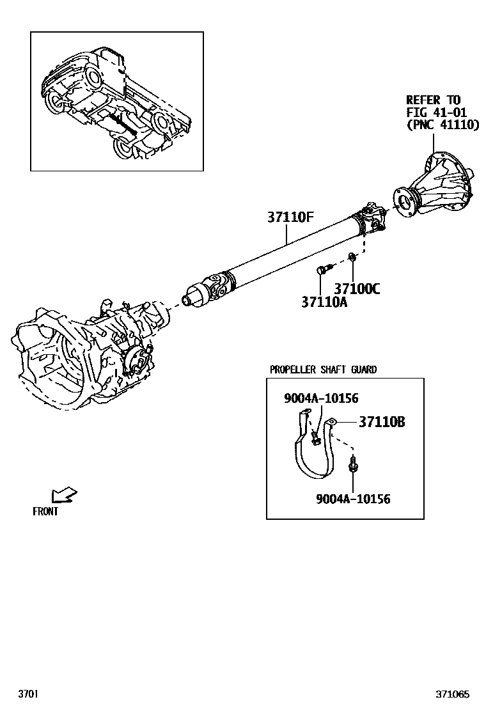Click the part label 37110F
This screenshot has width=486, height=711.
(x=290, y=218)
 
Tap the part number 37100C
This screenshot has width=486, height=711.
(x=357, y=289)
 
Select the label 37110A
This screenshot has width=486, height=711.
(x=324, y=302)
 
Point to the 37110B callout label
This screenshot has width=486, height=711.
(x=381, y=422)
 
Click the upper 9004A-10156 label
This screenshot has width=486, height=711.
(x=321, y=399)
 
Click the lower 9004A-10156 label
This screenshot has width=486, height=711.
(x=353, y=499)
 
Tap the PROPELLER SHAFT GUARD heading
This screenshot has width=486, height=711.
(x=323, y=370)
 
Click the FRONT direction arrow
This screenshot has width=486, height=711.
(x=63, y=495)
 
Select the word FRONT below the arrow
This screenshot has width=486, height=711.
(x=45, y=512)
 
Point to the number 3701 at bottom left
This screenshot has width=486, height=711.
(x=28, y=694)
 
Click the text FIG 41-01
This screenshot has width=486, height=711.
(x=437, y=113)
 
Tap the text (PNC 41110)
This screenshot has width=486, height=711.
(x=443, y=125)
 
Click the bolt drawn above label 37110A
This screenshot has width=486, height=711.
(x=323, y=269)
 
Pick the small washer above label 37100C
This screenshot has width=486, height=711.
(x=352, y=257)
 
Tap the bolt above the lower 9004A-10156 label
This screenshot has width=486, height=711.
(x=352, y=465)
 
